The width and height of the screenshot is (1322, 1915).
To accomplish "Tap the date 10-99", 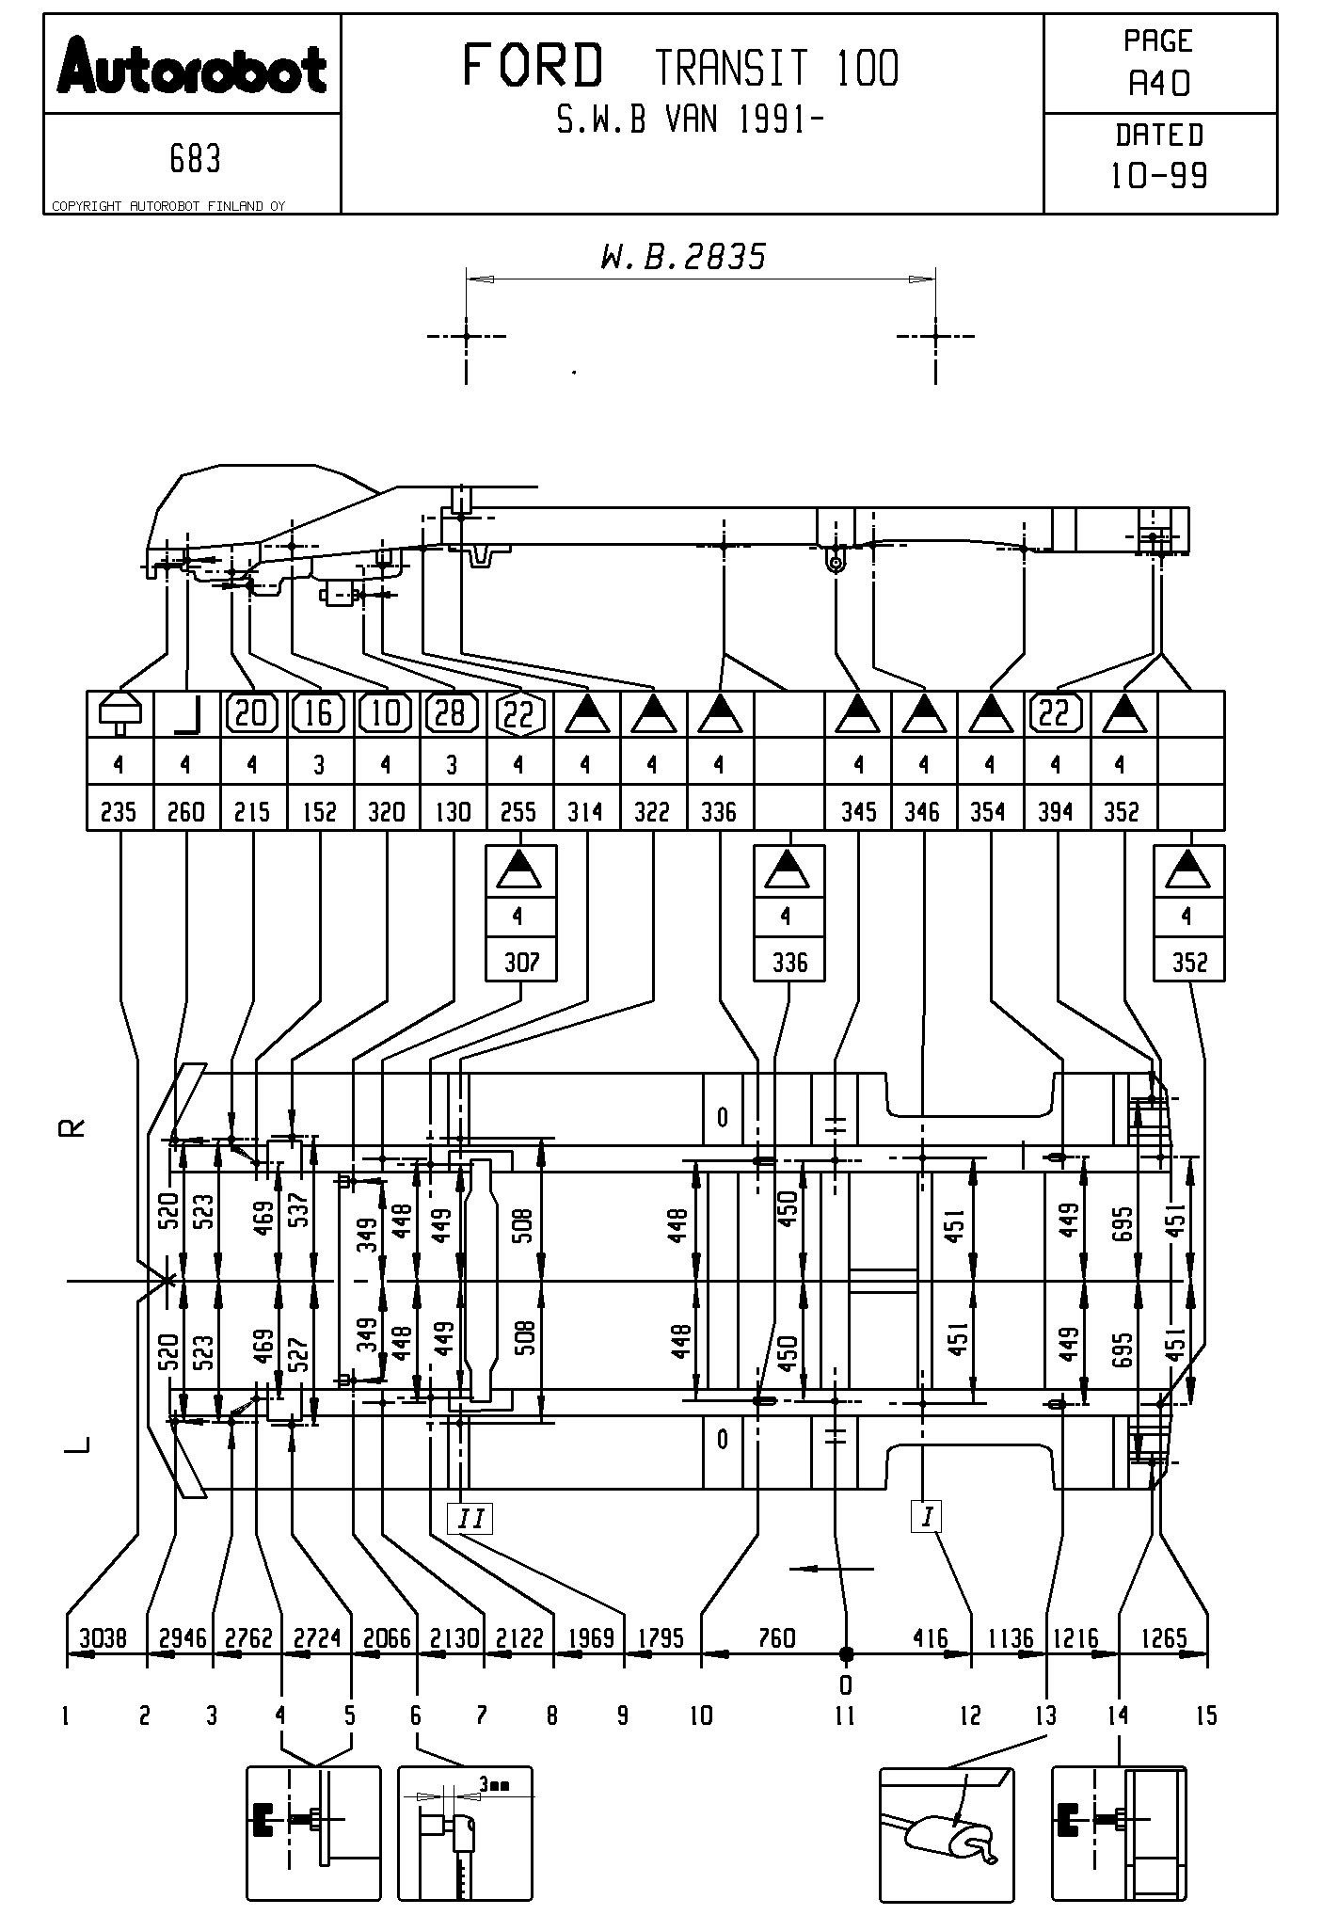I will click(1159, 176).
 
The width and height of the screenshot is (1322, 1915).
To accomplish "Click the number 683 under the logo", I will click(195, 159).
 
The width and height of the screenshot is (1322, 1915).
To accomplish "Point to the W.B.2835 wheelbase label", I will click(684, 257).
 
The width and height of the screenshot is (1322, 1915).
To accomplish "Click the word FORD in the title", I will click(533, 67).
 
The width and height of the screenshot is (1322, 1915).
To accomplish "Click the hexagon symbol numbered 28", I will click(452, 713).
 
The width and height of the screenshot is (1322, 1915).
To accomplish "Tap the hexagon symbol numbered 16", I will click(319, 713).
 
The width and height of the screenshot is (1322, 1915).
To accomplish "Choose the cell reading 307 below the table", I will click(521, 962).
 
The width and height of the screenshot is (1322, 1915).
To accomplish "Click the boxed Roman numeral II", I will click(470, 1518).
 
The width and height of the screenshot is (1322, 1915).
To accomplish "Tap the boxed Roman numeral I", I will click(928, 1516).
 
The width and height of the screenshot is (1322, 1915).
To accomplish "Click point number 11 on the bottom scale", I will click(845, 1716).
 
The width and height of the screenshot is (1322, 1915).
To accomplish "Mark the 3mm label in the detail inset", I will click(493, 1784).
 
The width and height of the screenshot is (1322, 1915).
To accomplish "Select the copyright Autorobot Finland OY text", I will click(167, 206).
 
